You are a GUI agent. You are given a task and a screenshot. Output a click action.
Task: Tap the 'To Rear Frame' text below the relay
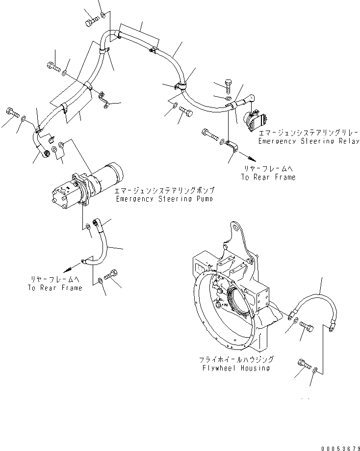pos(268,177)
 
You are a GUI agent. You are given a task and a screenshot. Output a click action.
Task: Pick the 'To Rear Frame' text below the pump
pos(55,288)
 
